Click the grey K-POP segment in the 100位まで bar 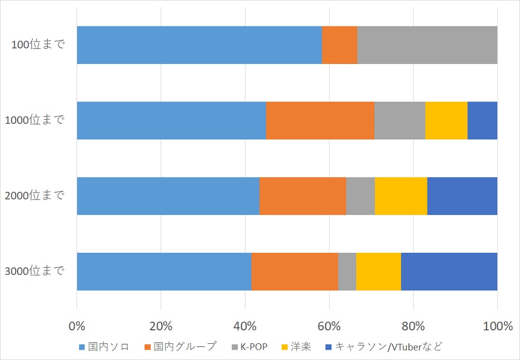(x=427, y=45)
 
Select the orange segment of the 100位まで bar (x=340, y=45)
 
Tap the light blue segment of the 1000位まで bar (x=171, y=121)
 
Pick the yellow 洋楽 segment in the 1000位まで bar (x=446, y=121)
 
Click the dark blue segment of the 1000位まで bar (x=482, y=121)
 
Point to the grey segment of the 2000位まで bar (x=360, y=196)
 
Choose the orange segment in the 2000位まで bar (x=303, y=196)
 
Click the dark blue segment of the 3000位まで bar (x=449, y=272)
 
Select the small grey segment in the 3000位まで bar (x=347, y=272)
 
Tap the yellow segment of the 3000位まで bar (x=379, y=272)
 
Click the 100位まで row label (x=38, y=45)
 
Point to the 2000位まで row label (x=34, y=196)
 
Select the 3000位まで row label (x=34, y=271)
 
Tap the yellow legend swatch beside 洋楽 (x=285, y=346)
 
